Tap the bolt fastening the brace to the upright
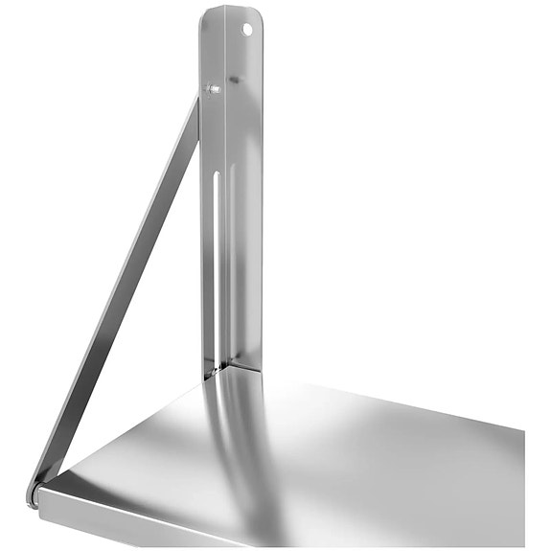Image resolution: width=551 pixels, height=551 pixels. coord(212,89)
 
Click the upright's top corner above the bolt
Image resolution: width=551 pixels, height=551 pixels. coord(205,13)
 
